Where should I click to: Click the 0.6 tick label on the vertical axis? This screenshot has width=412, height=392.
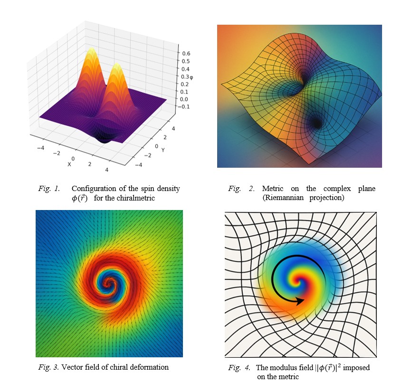tap(186, 54)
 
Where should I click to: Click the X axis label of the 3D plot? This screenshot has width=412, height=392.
tap(69, 164)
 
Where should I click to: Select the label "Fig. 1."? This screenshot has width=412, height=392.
tap(49, 189)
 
